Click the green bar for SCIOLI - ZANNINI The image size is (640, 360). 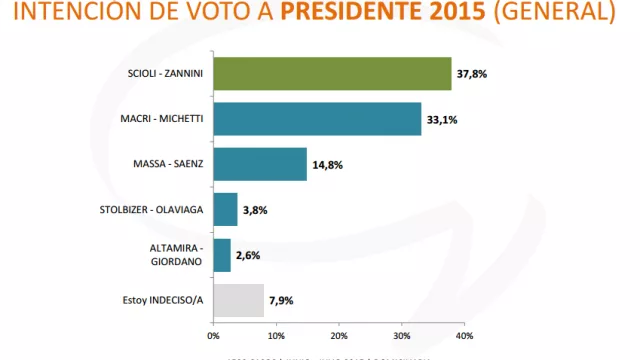[332, 74]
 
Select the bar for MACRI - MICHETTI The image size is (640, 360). [317, 119]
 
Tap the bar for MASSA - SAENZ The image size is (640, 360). [259, 164]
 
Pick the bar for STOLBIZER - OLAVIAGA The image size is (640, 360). [225, 209]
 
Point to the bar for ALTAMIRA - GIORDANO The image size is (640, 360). [221, 254]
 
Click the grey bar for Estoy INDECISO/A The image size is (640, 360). [238, 299]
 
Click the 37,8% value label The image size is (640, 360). [472, 74]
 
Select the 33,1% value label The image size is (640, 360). [442, 119]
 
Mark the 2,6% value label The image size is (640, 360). [248, 254]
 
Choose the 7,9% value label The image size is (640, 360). [282, 299]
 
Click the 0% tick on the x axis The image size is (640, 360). [213, 334]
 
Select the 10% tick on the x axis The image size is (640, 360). [276, 334]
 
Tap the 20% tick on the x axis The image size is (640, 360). [339, 334]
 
